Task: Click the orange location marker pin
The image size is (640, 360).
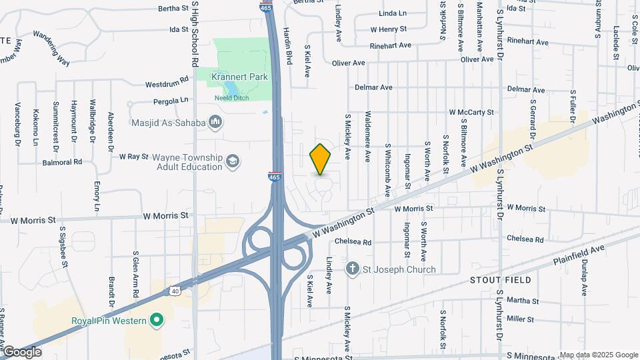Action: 321,159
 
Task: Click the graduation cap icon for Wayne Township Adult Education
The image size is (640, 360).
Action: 233,161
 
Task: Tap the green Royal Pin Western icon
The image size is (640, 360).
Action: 157,321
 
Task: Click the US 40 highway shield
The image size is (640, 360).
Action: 175,291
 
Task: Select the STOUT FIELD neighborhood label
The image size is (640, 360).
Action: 500,280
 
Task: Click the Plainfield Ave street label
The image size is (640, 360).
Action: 578,255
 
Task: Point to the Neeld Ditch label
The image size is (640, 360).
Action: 231,98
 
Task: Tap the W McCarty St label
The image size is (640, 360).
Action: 471,113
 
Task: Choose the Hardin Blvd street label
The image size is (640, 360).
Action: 289,50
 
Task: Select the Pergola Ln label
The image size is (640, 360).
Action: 171,101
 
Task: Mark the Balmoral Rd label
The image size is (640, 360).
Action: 62,162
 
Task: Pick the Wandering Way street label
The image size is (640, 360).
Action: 51,48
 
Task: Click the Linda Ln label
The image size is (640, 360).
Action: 392,13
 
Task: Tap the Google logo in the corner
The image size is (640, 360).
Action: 21,352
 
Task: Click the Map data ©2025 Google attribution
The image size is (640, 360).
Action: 599,355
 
